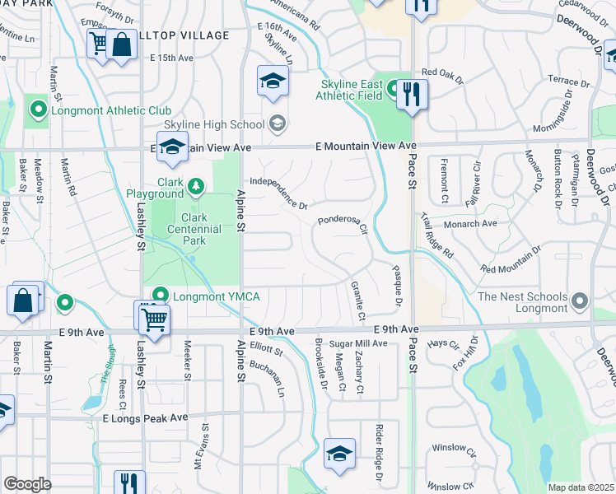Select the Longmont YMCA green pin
pyautogui.click(x=161, y=296)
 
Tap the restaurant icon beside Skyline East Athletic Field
pyautogui.click(x=412, y=94)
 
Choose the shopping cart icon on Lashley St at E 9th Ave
pyautogui.click(x=151, y=317)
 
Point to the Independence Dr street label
pyautogui.click(x=278, y=193)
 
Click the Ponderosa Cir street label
pyautogui.click(x=343, y=225)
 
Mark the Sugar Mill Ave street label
pyautogui.click(x=358, y=343)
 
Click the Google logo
pyautogui.click(x=27, y=484)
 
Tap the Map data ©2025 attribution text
pyautogui.click(x=581, y=487)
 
